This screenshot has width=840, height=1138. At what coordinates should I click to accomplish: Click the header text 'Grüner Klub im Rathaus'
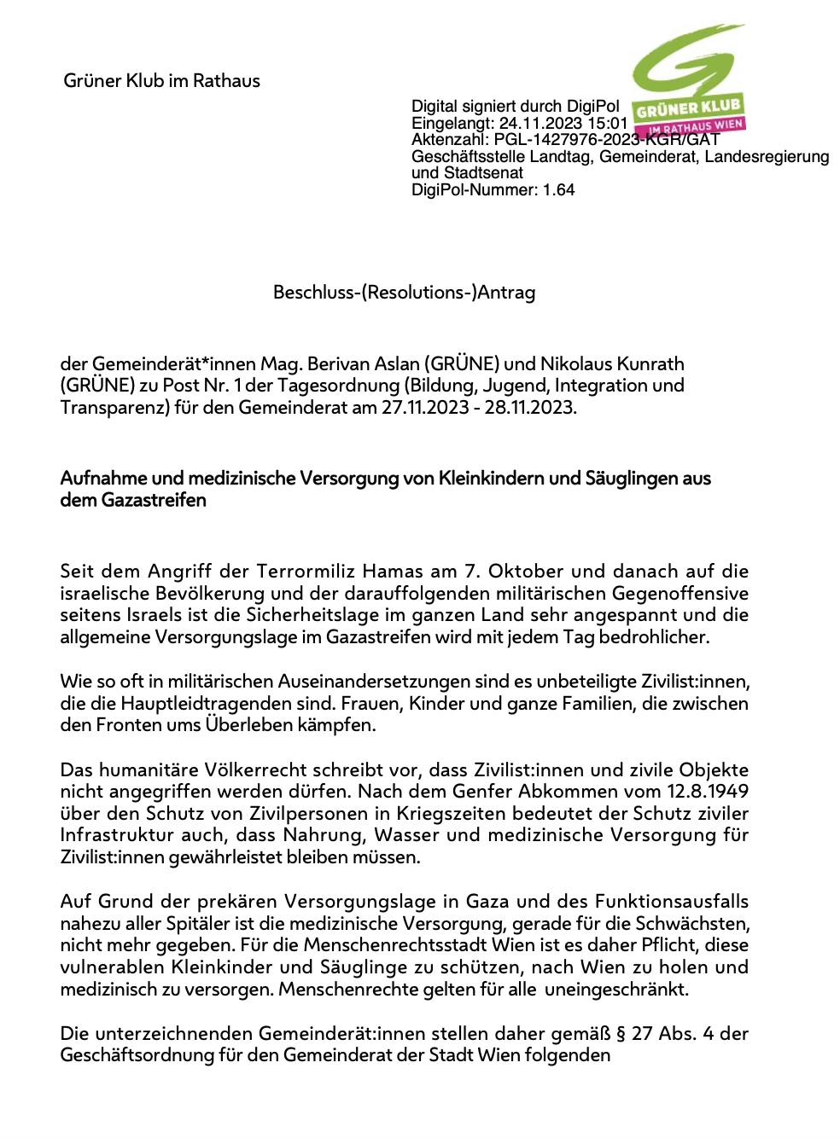click(161, 81)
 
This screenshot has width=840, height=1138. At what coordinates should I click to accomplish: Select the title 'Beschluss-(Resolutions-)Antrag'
click(404, 293)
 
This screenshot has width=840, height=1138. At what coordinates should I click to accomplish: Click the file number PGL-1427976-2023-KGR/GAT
click(607, 139)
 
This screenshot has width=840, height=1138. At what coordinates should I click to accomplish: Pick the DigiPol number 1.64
click(558, 189)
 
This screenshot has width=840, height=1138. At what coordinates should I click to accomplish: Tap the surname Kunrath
click(649, 364)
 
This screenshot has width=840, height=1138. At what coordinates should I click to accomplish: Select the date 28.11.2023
click(529, 407)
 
